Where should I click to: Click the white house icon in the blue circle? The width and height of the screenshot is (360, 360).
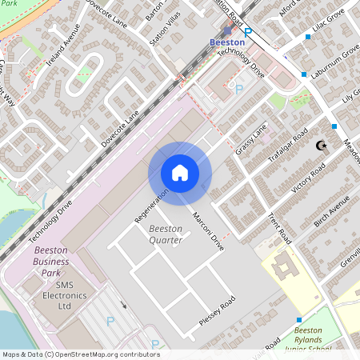click(180, 173)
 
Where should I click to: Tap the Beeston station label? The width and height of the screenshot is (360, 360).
click(226, 41)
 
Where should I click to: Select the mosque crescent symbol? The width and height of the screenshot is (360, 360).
click(322, 146)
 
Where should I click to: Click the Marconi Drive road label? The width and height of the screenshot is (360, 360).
click(206, 232)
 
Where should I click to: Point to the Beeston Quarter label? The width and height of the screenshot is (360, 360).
click(166, 234)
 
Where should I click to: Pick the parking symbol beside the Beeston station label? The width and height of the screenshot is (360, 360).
click(247, 31)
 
